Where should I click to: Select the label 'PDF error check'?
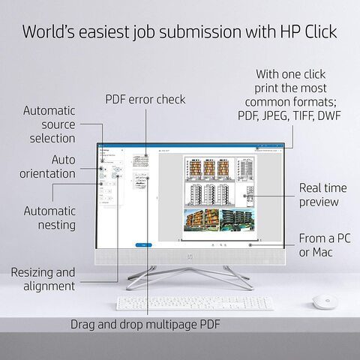pos(145,99)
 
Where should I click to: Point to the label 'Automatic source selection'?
pos(49,124)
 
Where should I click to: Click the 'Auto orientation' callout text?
pos(53,166)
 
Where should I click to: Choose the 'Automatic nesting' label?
pos(49,217)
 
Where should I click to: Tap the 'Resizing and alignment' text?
pos(43,278)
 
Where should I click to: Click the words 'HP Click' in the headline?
pos(299,31)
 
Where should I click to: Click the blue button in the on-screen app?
pos(139,244)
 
